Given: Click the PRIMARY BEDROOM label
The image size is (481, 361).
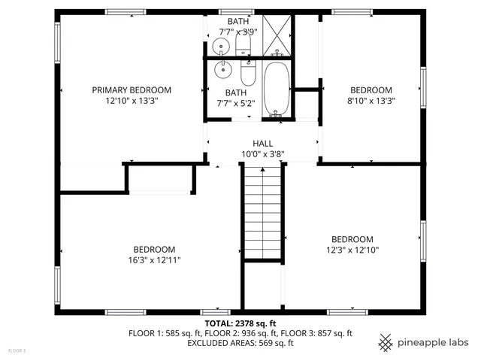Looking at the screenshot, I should pos(132,89).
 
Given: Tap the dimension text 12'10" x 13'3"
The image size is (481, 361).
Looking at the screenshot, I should pos(132,100).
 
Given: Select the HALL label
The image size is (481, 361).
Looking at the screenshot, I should pos(262,143).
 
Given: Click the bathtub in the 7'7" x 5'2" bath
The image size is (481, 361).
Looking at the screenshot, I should pos(277,89).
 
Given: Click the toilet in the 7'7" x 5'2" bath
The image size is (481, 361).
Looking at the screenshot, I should pos(249,75).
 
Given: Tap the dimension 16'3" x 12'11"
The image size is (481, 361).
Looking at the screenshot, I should pos(154,260).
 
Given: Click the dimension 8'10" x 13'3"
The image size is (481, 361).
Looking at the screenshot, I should pos(371,100).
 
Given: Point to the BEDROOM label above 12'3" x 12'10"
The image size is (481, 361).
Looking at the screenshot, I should pos(352,239).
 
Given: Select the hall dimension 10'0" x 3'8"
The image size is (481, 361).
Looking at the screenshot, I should pos(262,154).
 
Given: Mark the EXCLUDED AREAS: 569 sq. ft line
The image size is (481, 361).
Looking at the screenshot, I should pos(240,343).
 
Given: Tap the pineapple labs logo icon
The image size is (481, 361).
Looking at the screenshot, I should pos(386,342).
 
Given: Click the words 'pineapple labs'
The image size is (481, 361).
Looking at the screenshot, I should pos(434,342).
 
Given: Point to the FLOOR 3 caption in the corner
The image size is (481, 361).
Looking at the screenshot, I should pos(17,350).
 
